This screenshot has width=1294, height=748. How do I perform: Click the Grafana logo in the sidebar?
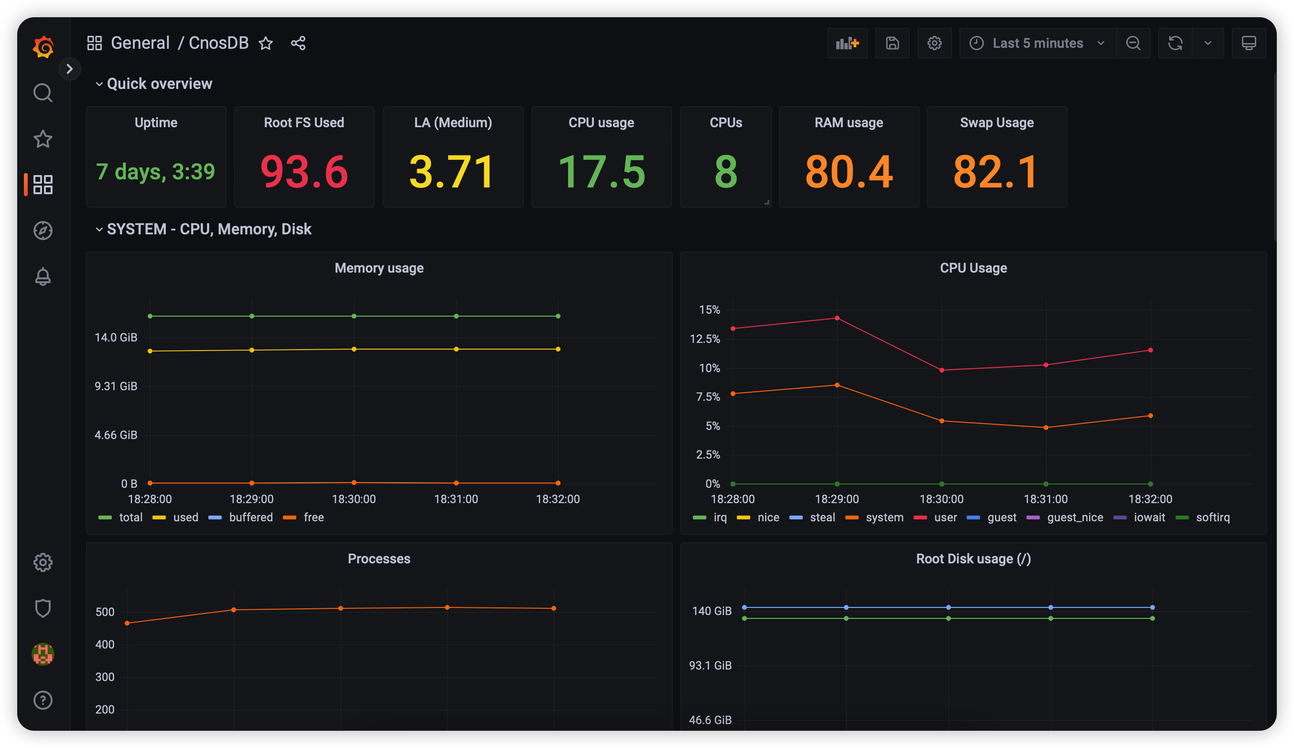click(43, 47)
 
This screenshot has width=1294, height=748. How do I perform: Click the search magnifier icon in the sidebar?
click(43, 93)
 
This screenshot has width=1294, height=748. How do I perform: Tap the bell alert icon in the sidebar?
click(43, 276)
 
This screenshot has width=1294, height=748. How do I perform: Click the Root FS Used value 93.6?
click(304, 172)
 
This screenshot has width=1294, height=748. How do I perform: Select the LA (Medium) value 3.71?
click(452, 172)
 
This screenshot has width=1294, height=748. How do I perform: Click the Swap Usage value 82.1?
click(996, 172)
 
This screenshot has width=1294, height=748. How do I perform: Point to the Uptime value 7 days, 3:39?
click(155, 172)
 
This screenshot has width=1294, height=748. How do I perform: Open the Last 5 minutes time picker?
click(1037, 43)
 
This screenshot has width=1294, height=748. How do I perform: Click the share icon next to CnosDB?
click(298, 43)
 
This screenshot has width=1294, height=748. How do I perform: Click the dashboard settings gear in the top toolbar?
click(934, 43)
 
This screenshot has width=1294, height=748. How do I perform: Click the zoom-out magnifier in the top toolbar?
click(1133, 43)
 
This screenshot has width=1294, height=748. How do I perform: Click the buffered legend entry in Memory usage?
click(250, 517)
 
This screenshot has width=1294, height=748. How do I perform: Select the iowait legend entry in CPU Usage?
click(1149, 517)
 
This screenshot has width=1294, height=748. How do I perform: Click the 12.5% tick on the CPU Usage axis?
click(705, 339)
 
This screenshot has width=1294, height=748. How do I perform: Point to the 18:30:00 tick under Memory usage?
click(354, 499)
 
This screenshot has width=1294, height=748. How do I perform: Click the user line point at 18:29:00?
click(837, 318)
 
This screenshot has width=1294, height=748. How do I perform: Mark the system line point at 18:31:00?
click(1046, 428)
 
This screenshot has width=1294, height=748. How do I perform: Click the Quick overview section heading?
click(159, 84)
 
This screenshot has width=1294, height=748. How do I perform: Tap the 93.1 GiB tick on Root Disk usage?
click(710, 665)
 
